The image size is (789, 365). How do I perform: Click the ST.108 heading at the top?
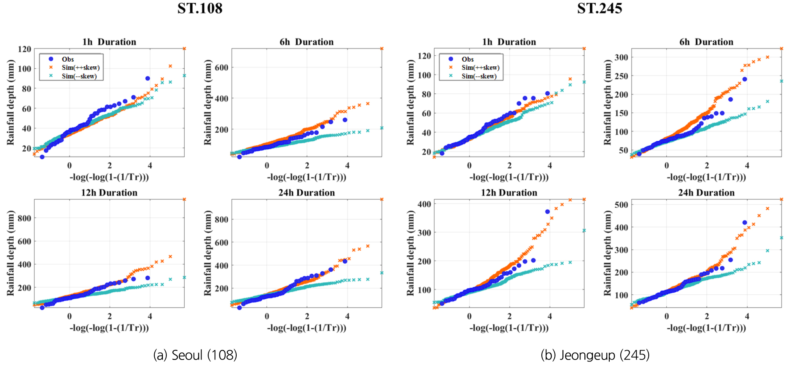pos(200,9)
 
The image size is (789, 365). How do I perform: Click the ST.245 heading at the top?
pos(600,9)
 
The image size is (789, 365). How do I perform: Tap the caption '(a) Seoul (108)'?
pos(195,355)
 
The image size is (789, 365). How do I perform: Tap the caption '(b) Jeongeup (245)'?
pos(595,355)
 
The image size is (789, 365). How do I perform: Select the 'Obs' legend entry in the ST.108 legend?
pos(68,59)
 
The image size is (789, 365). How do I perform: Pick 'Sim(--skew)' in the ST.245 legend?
pos(479,76)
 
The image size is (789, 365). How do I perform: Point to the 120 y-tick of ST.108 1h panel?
pos(24,49)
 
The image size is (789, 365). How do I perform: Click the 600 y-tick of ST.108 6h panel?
pos(221,68)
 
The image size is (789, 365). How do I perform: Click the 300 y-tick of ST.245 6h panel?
pos(621,57)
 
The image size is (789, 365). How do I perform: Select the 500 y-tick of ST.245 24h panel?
pos(621,205)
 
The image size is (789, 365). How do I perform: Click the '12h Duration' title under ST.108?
pos(109,192)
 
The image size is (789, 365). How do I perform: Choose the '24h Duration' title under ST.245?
pos(706,192)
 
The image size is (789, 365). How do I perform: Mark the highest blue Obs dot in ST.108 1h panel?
pos(148,78)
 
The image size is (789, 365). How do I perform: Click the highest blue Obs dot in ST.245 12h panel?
pos(548,212)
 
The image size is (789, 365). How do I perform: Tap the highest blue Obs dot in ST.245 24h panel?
pos(745,223)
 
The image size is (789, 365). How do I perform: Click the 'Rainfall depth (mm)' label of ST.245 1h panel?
pos(410,102)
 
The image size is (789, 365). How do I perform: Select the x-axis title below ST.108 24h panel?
pos(307,328)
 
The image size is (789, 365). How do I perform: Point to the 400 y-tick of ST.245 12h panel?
pos(424,204)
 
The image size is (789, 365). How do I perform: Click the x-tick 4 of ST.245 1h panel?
pos(550,166)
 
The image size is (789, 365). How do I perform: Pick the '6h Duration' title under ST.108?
pos(307,42)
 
